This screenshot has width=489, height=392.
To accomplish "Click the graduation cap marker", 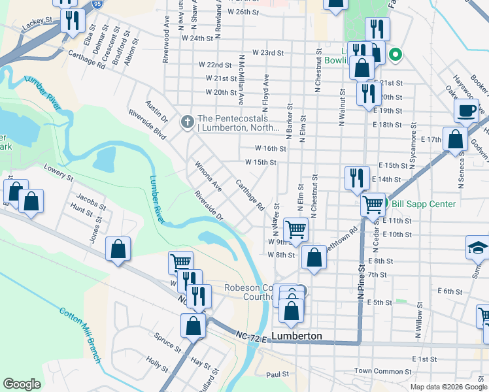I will (477, 248).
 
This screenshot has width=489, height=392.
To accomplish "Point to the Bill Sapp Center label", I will (424, 204).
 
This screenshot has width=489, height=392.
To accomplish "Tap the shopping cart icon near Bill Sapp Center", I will (373, 205).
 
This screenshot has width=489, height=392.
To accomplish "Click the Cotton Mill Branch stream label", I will (80, 321).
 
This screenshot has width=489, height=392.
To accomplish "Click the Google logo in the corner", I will (22, 384).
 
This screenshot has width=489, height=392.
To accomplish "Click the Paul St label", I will (277, 375).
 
